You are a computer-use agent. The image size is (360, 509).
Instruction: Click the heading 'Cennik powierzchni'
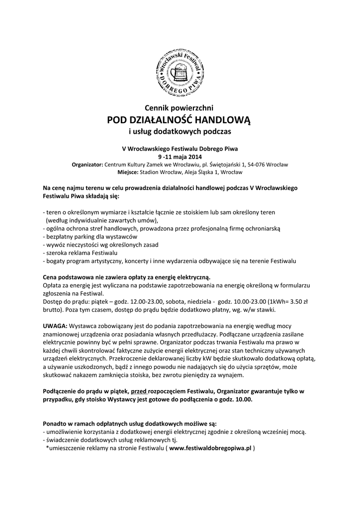180,108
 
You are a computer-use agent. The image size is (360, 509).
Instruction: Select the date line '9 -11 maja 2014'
180,156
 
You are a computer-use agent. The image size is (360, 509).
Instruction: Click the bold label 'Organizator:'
88,164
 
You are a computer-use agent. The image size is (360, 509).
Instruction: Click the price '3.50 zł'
299,301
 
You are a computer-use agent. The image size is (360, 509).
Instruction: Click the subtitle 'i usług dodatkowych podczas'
180,132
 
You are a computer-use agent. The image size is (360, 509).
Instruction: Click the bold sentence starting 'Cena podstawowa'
127,276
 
